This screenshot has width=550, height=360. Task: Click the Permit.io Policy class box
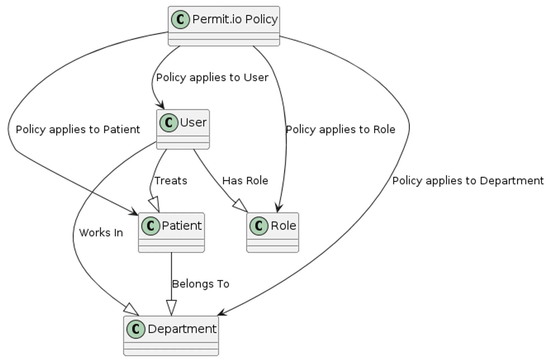(224, 26)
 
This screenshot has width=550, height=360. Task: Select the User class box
(183, 129)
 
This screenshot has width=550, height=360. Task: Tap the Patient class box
(171, 232)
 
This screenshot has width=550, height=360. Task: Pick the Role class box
(273, 232)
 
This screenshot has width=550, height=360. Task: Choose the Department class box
(171, 336)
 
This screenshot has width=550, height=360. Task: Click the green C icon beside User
(169, 123)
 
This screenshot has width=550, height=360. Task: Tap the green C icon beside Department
(136, 329)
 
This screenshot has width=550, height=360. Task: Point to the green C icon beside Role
(259, 226)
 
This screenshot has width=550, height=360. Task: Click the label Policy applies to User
(212, 78)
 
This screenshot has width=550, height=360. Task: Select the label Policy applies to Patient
(78, 130)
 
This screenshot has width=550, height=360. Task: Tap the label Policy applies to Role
(340, 130)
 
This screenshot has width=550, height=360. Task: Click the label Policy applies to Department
(468, 181)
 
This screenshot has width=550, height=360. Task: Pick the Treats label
(170, 181)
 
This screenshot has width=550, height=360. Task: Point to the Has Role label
(245, 181)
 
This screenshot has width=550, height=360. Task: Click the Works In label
(101, 233)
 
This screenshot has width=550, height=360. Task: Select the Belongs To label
(200, 284)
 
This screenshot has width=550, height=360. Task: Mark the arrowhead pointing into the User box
(161, 106)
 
